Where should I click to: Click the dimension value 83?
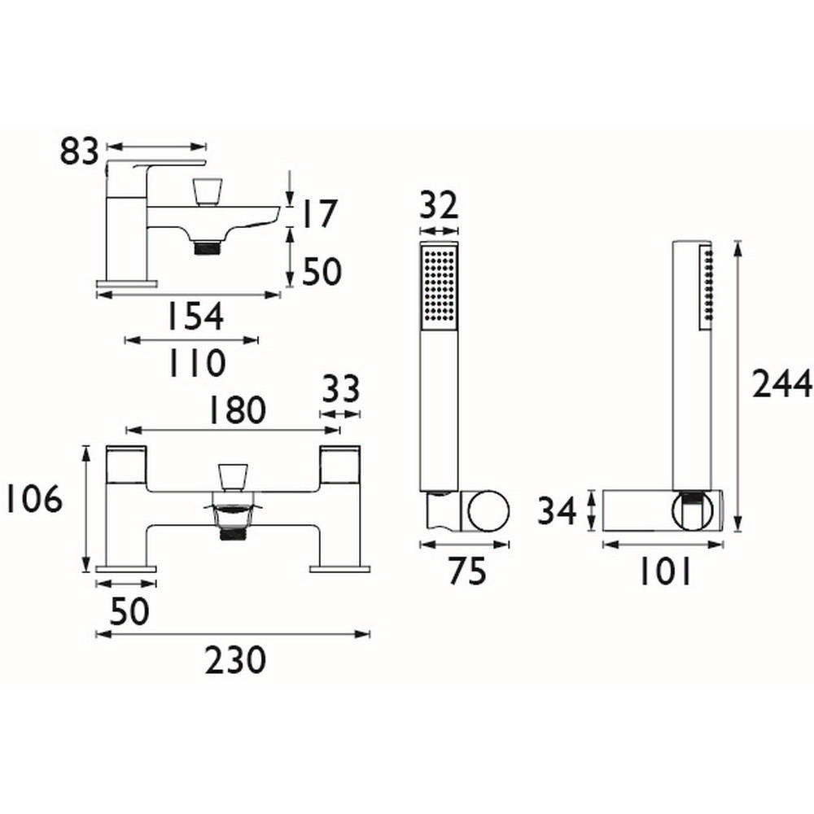click(79, 152)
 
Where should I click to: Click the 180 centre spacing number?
click(229, 411)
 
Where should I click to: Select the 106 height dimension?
click(33, 500)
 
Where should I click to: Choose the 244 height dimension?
click(782, 383)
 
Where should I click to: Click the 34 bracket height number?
click(558, 511)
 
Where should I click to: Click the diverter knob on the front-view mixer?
click(233, 477)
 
